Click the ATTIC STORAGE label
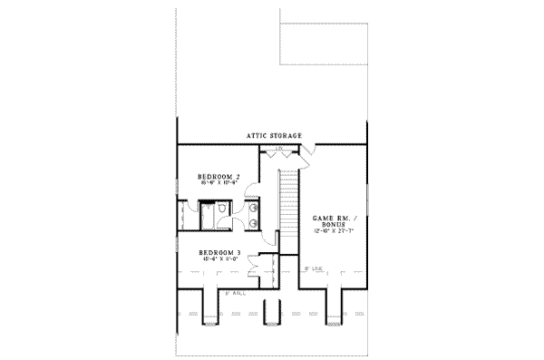click(x=274, y=136)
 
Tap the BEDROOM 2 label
click(x=219, y=176)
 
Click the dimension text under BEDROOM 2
click(x=219, y=184)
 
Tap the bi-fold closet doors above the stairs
click(x=280, y=150)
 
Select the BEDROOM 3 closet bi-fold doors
click(x=262, y=267)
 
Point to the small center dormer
click(x=271, y=308)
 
